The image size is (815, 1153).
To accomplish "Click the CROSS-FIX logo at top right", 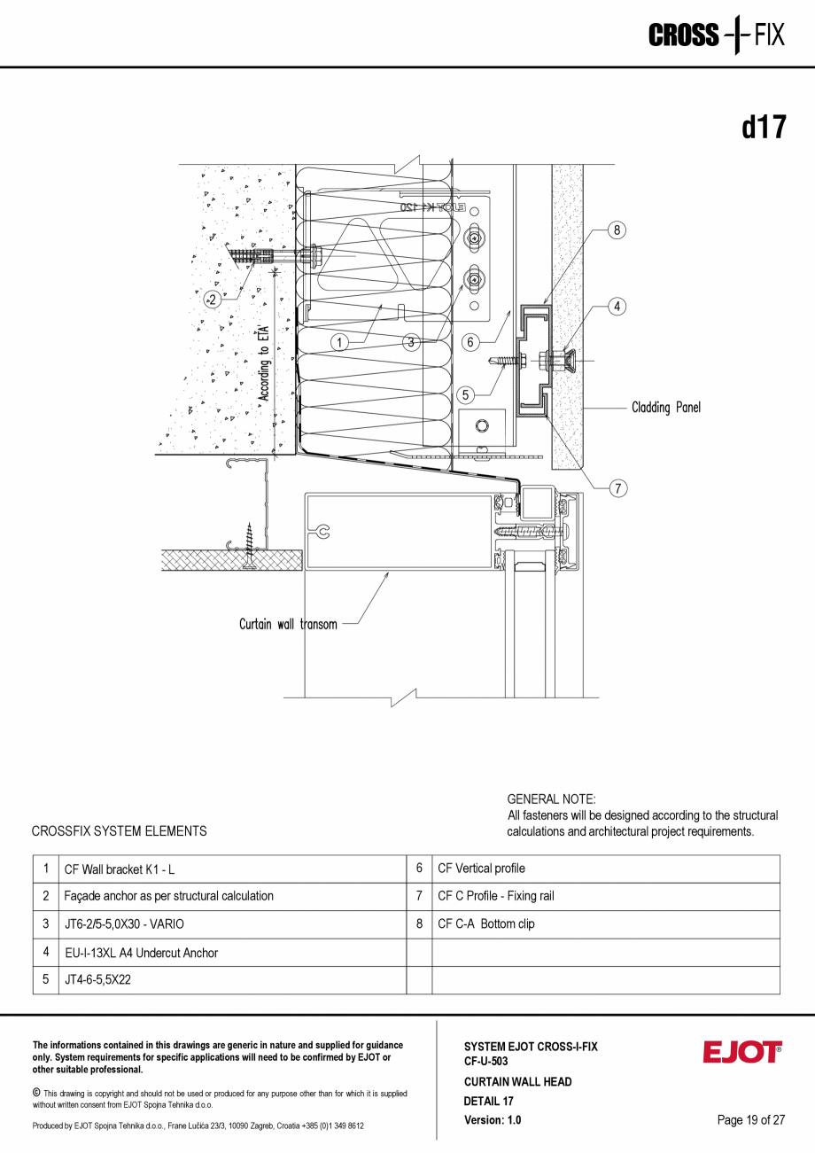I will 716,35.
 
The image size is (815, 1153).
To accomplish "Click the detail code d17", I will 763,128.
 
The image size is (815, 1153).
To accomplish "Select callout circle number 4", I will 617,307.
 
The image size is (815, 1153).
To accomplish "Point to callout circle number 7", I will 617,487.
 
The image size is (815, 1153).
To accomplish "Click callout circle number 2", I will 212,299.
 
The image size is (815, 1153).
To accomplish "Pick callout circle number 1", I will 340,341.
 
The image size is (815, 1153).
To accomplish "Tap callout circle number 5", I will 467,394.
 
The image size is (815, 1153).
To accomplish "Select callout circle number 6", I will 471,341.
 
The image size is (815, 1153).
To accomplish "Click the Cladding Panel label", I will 665,408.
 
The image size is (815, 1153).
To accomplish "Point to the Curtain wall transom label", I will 288,625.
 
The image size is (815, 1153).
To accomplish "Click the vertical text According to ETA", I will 264,363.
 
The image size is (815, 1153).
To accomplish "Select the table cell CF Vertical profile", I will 481,869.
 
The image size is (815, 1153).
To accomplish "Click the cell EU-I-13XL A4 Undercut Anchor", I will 141,953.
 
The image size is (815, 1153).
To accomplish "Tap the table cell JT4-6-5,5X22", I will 97,980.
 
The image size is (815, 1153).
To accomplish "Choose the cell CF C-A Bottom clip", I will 486,923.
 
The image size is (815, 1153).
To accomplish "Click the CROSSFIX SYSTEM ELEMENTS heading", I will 119,831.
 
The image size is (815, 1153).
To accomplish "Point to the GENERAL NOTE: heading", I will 551,799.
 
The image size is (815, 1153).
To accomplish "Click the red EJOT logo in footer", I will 742,1052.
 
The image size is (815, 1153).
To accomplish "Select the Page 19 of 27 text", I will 751,1120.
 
